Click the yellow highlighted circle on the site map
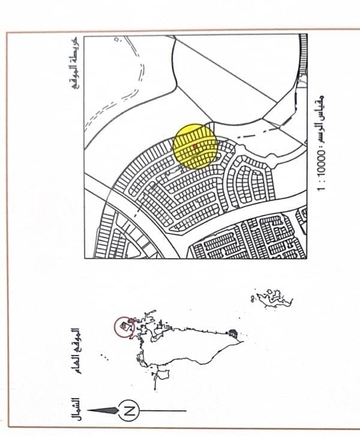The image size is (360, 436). (x=194, y=146)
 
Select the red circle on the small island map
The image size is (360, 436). (x=124, y=327)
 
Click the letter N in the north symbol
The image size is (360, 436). (x=128, y=411)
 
